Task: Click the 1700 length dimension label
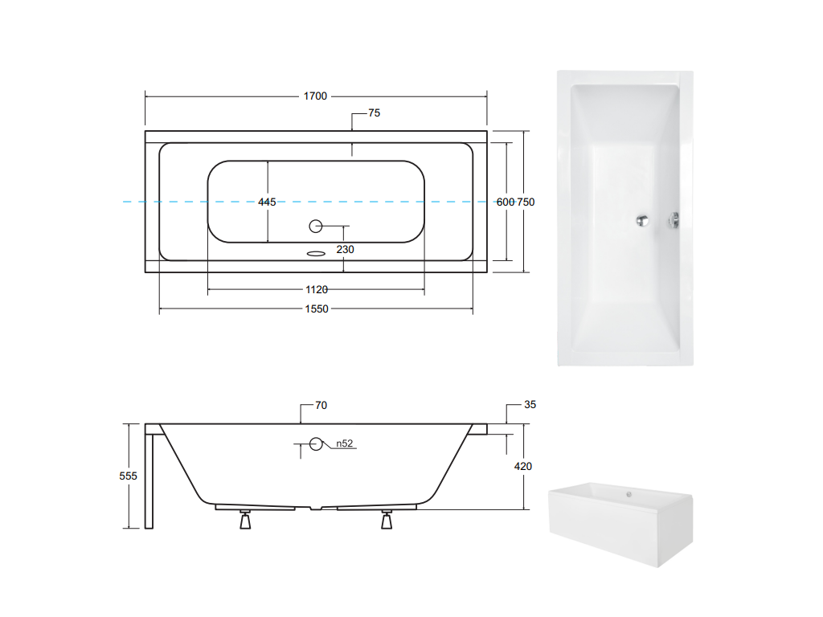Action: pyautogui.click(x=315, y=96)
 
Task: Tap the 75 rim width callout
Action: pyautogui.click(x=375, y=112)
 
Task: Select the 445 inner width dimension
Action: pyautogui.click(x=267, y=202)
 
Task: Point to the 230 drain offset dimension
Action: pyautogui.click(x=345, y=250)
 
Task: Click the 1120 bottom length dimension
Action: pyautogui.click(x=317, y=289)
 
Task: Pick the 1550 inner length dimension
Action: pyautogui.click(x=317, y=309)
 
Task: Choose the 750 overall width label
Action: pyautogui.click(x=526, y=202)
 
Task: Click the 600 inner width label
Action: pyautogui.click(x=506, y=202)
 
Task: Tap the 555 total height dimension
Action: pyautogui.click(x=128, y=476)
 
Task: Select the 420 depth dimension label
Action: pyautogui.click(x=522, y=467)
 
